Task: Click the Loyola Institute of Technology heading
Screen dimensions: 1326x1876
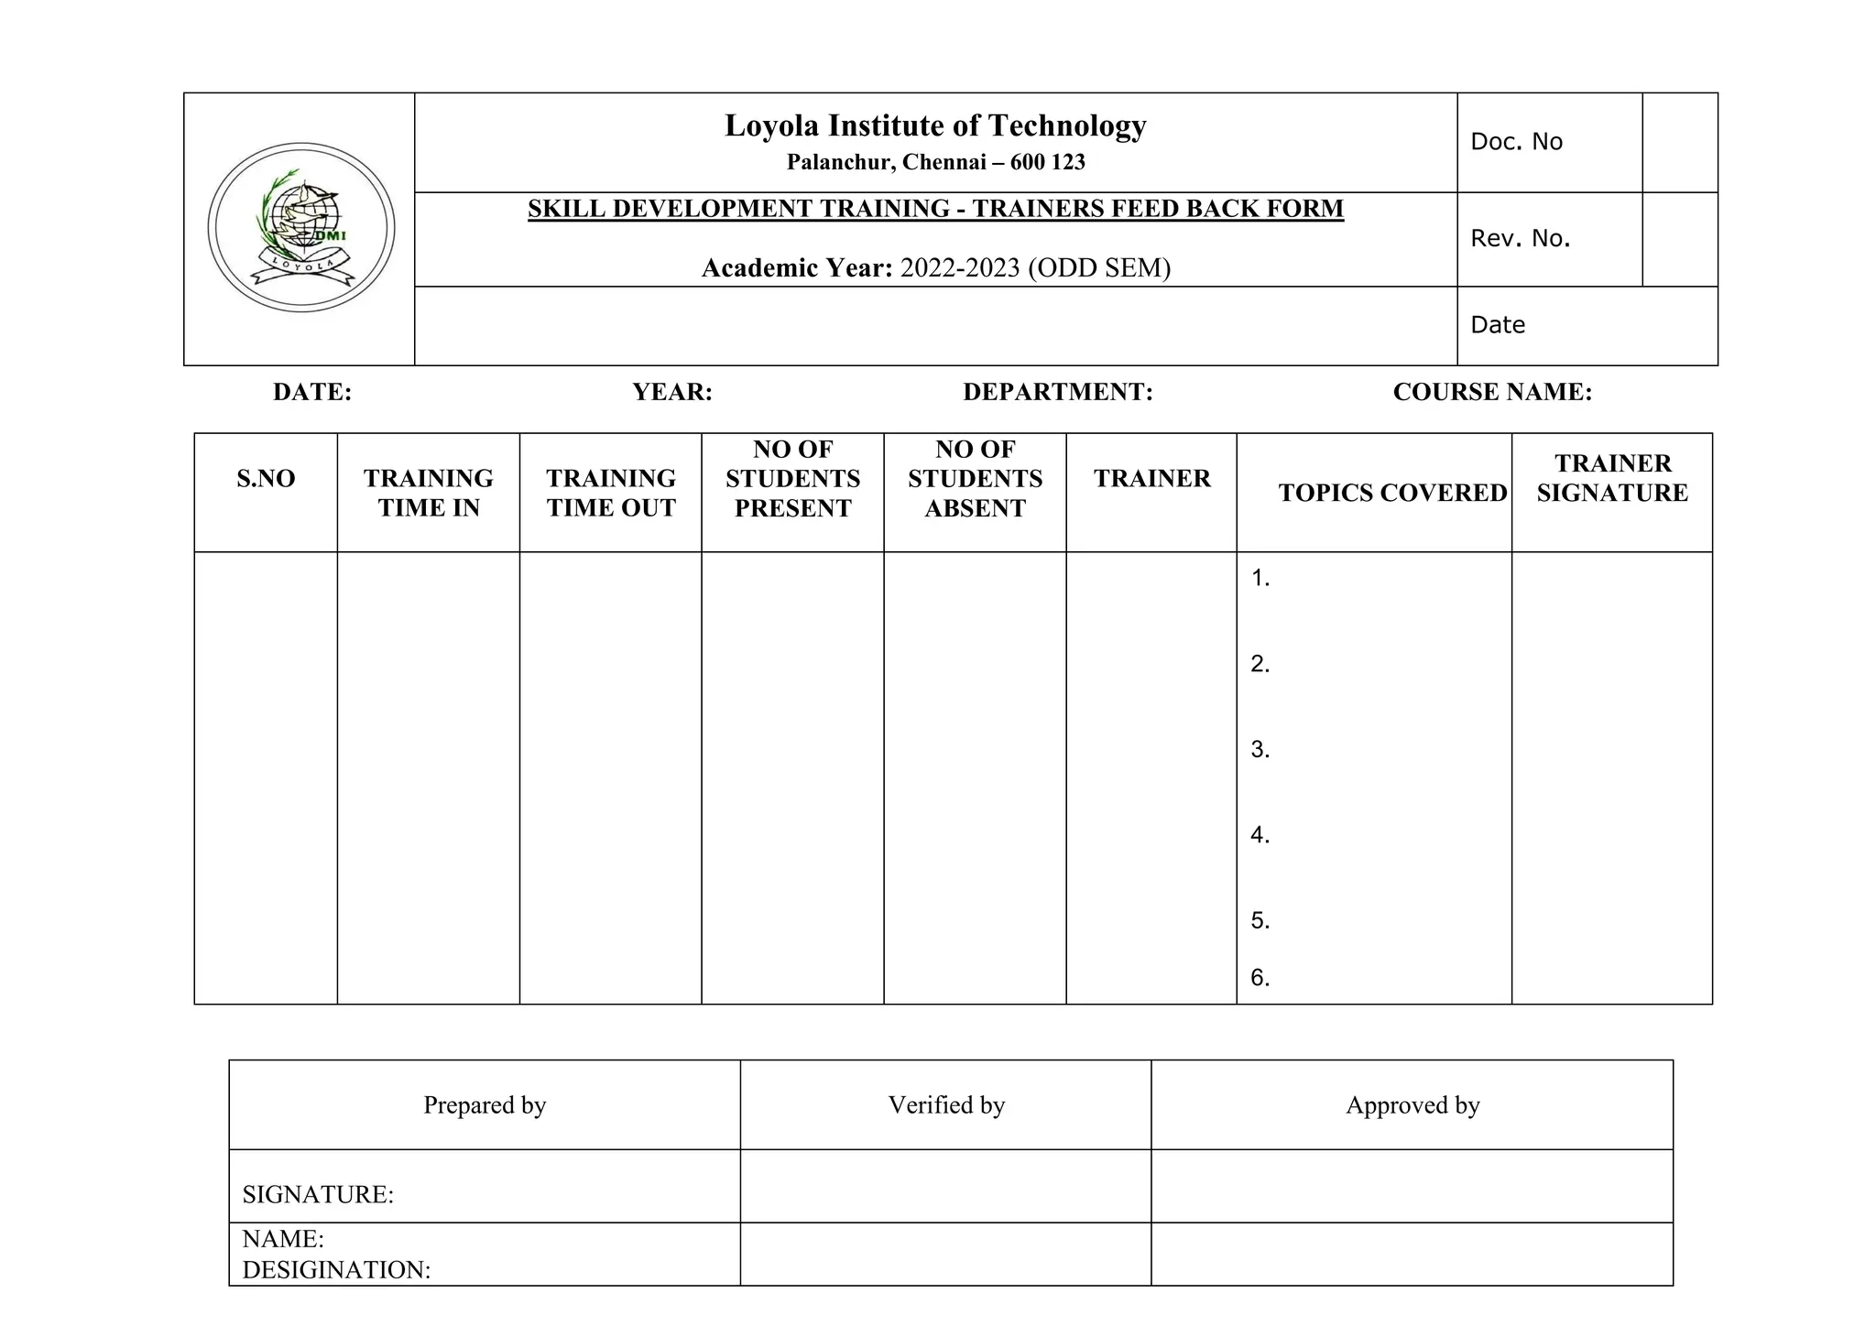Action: (x=935, y=125)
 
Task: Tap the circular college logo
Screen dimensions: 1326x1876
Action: (x=301, y=227)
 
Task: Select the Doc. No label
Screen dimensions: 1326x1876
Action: (x=1516, y=142)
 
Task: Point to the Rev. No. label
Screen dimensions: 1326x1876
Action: (x=1520, y=239)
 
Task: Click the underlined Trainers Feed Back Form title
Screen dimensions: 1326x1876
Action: (x=935, y=209)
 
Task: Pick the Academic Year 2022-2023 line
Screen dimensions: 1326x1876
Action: (x=935, y=267)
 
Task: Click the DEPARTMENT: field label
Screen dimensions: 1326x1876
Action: (x=1057, y=392)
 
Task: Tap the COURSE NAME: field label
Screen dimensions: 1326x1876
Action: (x=1492, y=392)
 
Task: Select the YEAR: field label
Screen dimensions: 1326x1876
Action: (x=672, y=392)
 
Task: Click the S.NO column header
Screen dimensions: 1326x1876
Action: (x=266, y=478)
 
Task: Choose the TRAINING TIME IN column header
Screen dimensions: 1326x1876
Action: (x=428, y=493)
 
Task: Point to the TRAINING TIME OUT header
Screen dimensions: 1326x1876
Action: (x=611, y=493)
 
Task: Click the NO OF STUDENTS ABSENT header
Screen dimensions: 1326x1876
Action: (x=975, y=478)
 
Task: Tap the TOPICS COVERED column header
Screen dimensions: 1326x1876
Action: (x=1392, y=493)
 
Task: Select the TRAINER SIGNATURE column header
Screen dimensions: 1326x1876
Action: (x=1612, y=478)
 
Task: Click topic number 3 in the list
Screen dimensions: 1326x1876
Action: (x=1260, y=749)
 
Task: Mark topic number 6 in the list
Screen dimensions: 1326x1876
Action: (x=1260, y=978)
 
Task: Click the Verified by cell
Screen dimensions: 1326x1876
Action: (x=946, y=1105)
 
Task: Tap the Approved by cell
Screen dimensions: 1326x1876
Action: (x=1412, y=1105)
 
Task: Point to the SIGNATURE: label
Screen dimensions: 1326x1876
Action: (x=318, y=1194)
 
